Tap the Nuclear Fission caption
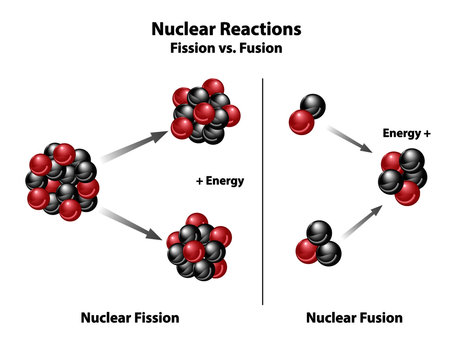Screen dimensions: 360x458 129,318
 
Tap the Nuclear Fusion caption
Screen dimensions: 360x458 354,318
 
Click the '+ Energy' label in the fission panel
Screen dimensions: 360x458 220,181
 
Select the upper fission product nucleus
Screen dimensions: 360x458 200,109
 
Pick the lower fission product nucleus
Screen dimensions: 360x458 196,246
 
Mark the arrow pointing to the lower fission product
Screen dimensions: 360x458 130,225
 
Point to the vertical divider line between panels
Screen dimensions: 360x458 263,190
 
